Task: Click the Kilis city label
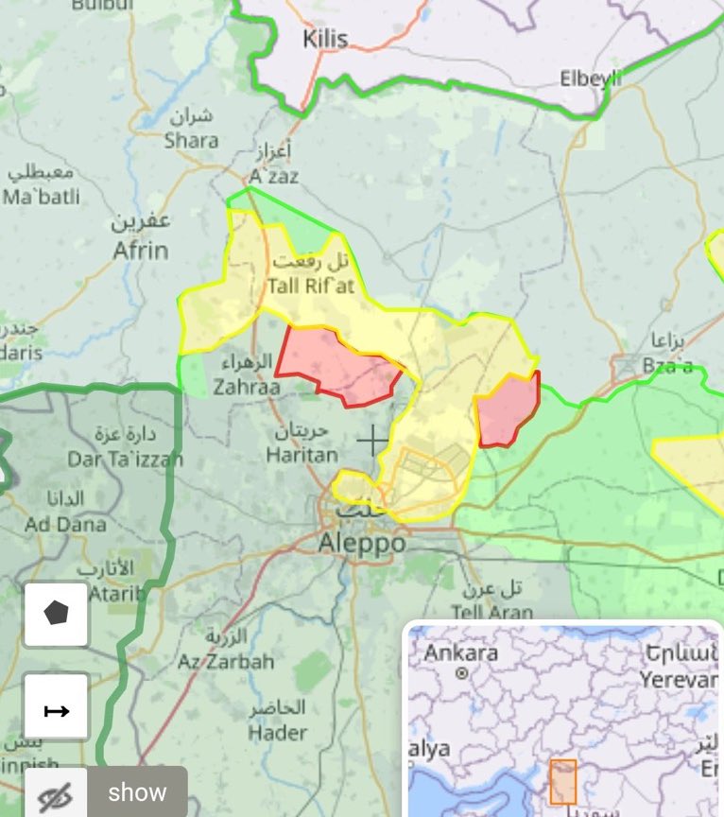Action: [x=325, y=40]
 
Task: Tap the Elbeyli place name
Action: [x=591, y=78]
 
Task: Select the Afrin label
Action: [x=141, y=250]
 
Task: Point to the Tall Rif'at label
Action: [x=310, y=286]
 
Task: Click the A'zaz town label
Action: [x=273, y=177]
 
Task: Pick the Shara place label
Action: [x=191, y=141]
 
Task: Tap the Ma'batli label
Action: [x=42, y=197]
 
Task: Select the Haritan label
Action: [x=302, y=455]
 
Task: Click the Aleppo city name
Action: [x=362, y=543]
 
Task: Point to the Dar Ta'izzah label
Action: [x=112, y=460]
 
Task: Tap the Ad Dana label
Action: [x=66, y=523]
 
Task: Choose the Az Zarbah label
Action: [x=226, y=661]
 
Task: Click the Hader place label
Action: [x=278, y=732]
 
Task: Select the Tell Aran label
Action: [x=491, y=612]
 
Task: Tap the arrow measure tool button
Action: [x=57, y=707]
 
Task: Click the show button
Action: [x=137, y=792]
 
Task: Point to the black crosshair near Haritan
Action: [x=372, y=440]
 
